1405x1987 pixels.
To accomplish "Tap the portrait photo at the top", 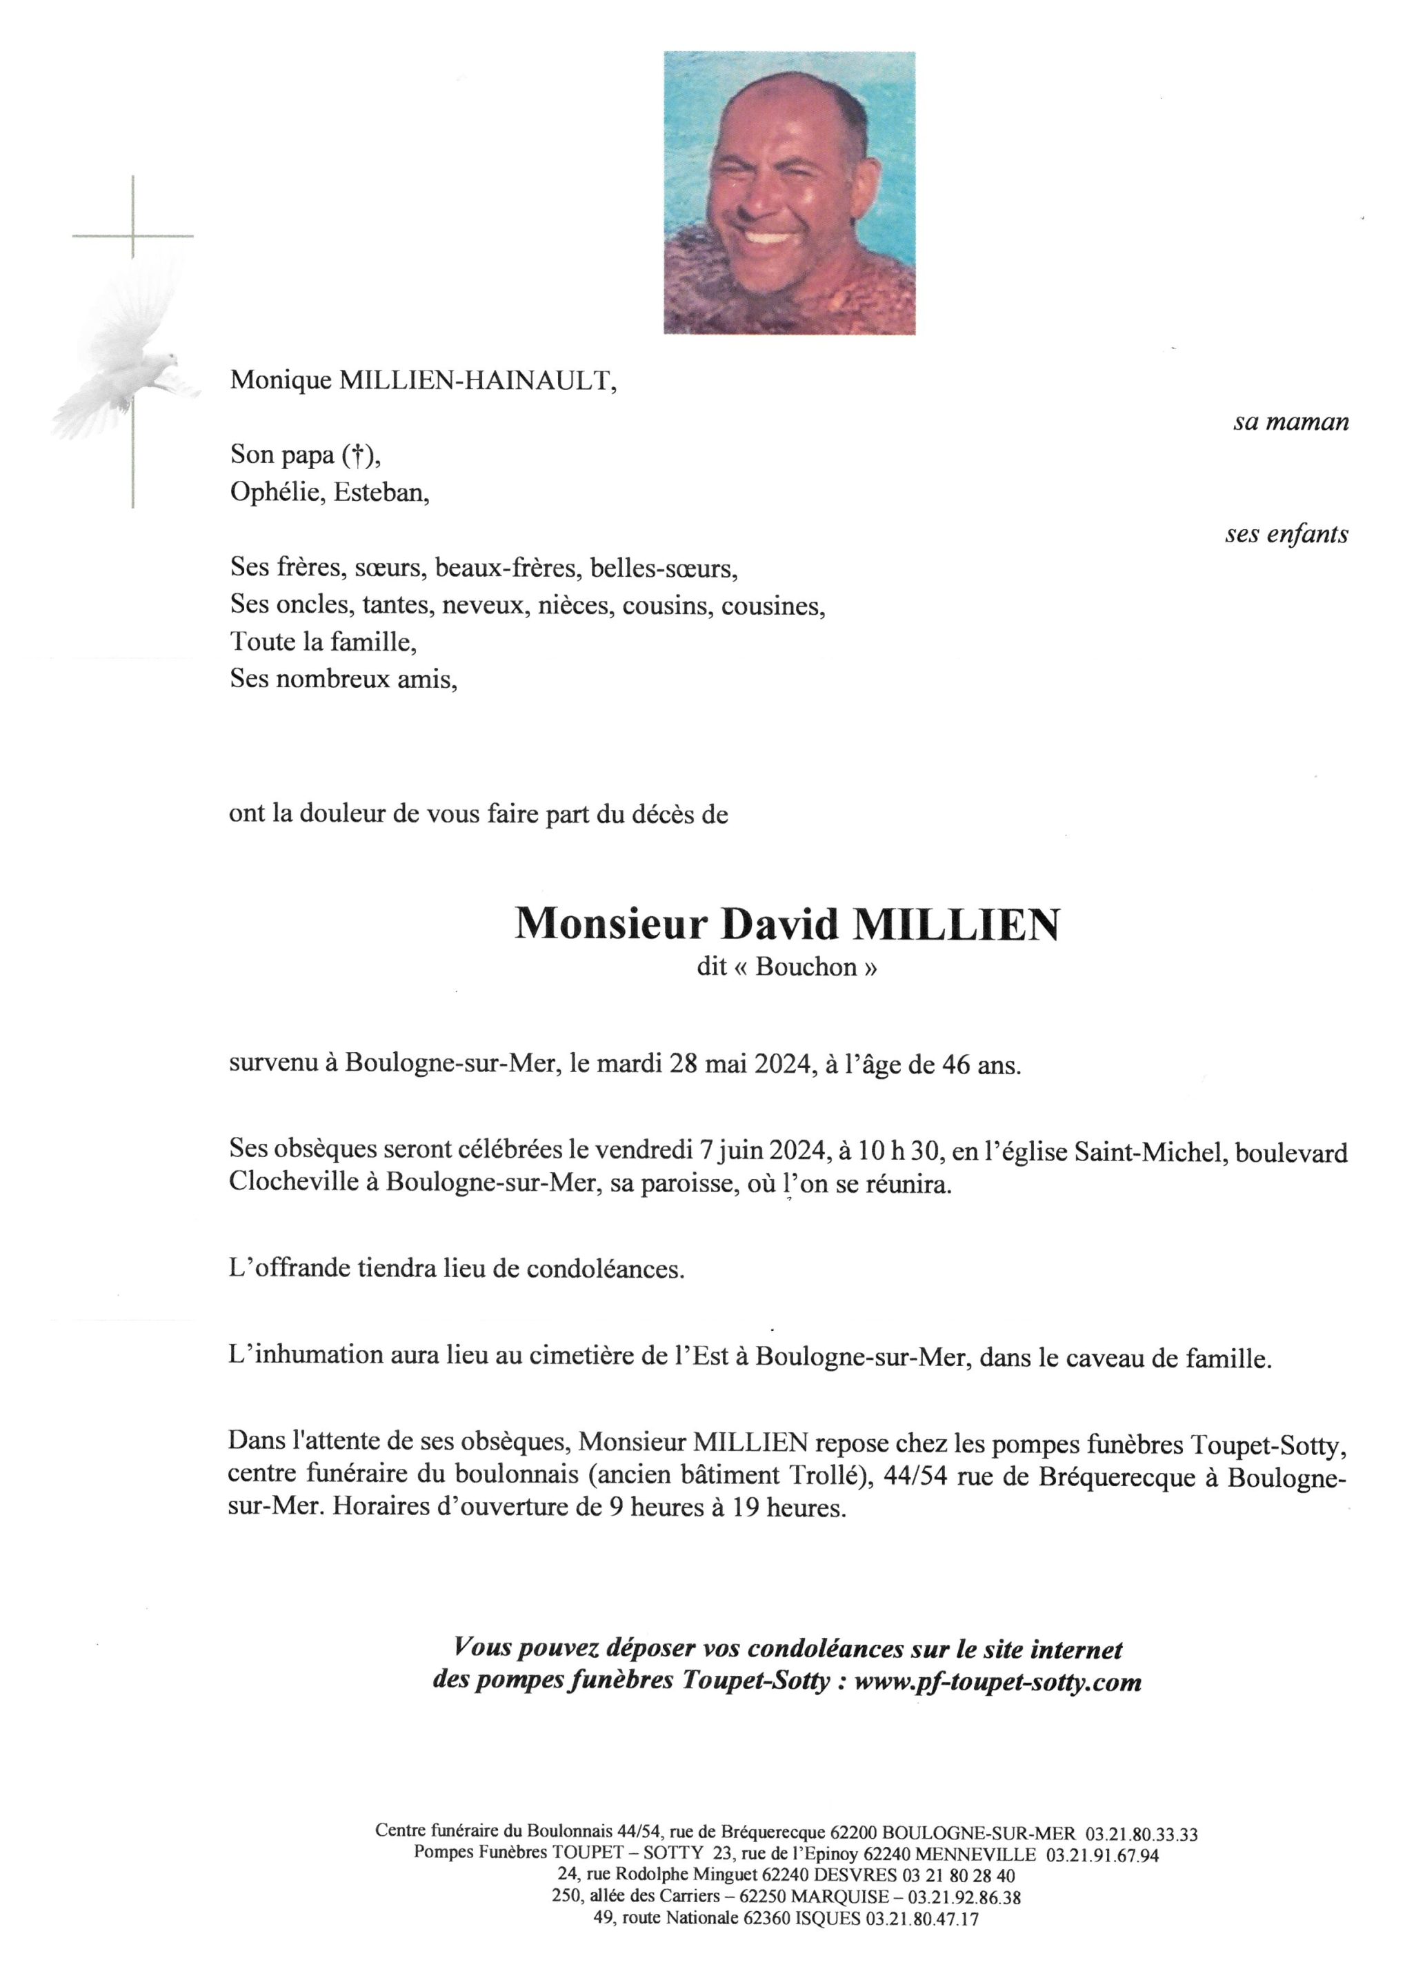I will click(789, 192).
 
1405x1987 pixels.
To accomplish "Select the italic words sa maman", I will click(1290, 422).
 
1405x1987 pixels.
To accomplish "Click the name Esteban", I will click(381, 493).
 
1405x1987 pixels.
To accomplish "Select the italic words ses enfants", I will click(1286, 534).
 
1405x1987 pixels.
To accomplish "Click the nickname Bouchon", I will click(806, 967).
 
